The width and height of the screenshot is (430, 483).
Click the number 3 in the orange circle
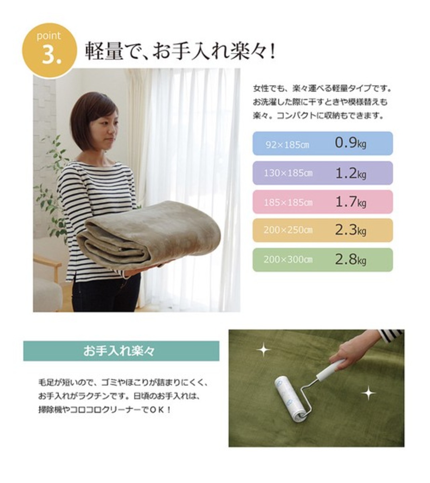(49, 55)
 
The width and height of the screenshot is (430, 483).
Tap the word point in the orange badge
(49, 36)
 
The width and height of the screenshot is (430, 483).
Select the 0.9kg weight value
(350, 143)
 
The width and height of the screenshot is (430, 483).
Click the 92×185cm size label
(287, 145)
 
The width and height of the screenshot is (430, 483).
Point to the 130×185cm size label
(288, 173)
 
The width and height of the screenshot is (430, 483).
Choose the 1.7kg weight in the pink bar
(350, 202)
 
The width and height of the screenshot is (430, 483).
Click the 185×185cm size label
(288, 202)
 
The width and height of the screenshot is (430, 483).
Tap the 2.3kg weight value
(350, 230)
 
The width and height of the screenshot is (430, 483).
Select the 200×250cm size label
(288, 230)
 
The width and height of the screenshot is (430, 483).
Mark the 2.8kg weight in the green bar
(350, 260)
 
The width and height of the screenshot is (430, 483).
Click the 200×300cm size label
(288, 260)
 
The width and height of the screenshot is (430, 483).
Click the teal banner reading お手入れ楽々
(121, 351)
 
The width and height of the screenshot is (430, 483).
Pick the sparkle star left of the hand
(264, 350)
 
